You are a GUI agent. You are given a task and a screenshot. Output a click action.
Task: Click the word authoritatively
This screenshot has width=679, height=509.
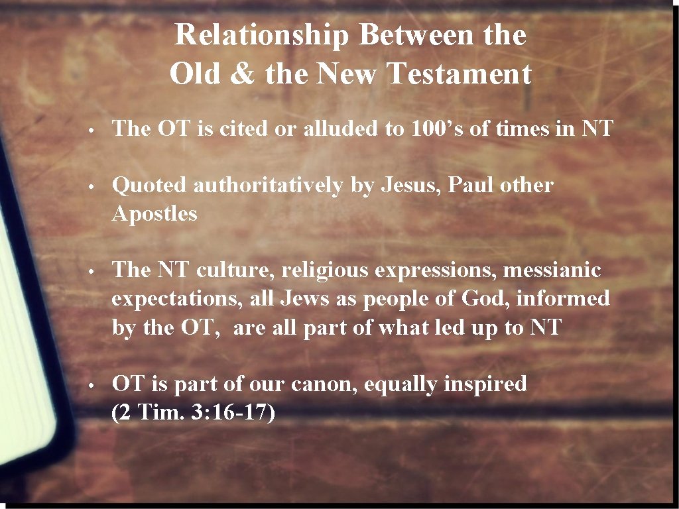pos(269,186)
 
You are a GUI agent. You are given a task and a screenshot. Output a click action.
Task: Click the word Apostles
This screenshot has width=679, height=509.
pos(154,214)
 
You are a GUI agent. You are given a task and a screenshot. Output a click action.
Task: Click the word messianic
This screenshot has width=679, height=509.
pos(552,270)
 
